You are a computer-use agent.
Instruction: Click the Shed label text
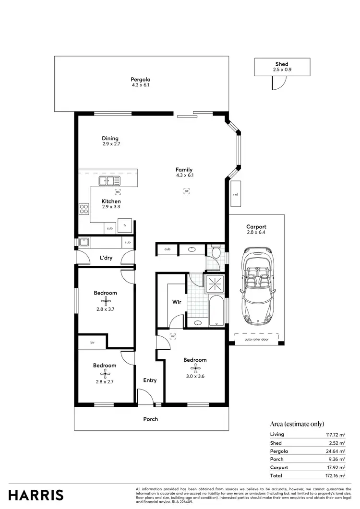[x=282, y=64]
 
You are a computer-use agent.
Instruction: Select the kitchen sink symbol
[x=109, y=181]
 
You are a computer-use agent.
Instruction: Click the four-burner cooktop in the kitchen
[x=84, y=209]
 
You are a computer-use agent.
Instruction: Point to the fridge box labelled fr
[x=125, y=225]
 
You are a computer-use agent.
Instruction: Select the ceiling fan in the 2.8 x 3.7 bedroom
[x=105, y=301]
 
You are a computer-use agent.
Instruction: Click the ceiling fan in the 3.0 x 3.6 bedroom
[x=194, y=368]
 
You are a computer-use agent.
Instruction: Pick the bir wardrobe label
[x=93, y=343]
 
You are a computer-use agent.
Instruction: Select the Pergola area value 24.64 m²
[x=336, y=451]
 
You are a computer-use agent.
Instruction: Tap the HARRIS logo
[x=36, y=495]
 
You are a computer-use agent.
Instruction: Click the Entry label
[x=150, y=380]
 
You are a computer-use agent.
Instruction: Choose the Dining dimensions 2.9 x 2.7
[x=110, y=144]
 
